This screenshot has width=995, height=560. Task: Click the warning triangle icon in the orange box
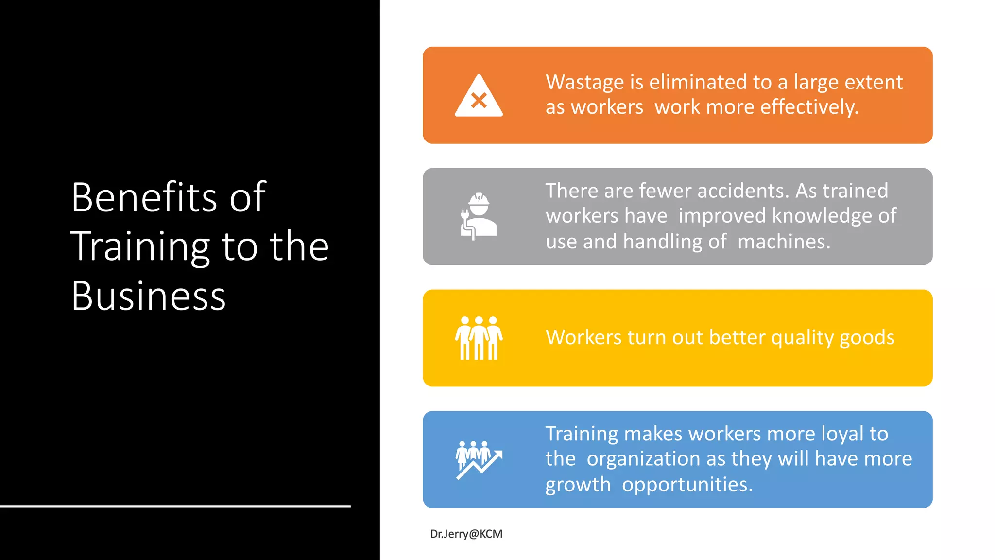pos(479,96)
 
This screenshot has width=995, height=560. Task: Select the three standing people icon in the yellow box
pos(479,338)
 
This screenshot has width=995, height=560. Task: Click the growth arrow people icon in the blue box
pos(479,460)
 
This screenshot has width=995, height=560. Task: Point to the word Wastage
pos(584,83)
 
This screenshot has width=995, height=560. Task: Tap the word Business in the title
pos(149,296)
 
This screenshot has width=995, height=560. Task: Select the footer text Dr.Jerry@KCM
pos(466,534)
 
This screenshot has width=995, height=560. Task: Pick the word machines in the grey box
pos(784,242)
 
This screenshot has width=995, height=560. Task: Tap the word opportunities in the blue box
pos(687,485)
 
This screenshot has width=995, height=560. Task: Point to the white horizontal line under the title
pos(175,506)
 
